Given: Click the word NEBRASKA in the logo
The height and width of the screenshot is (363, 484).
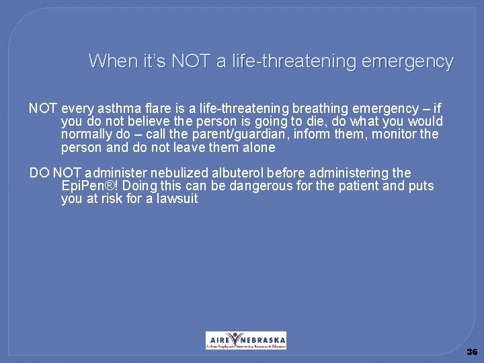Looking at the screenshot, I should (x=263, y=340).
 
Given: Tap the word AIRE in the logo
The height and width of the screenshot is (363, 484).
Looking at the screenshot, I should (x=218, y=340).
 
